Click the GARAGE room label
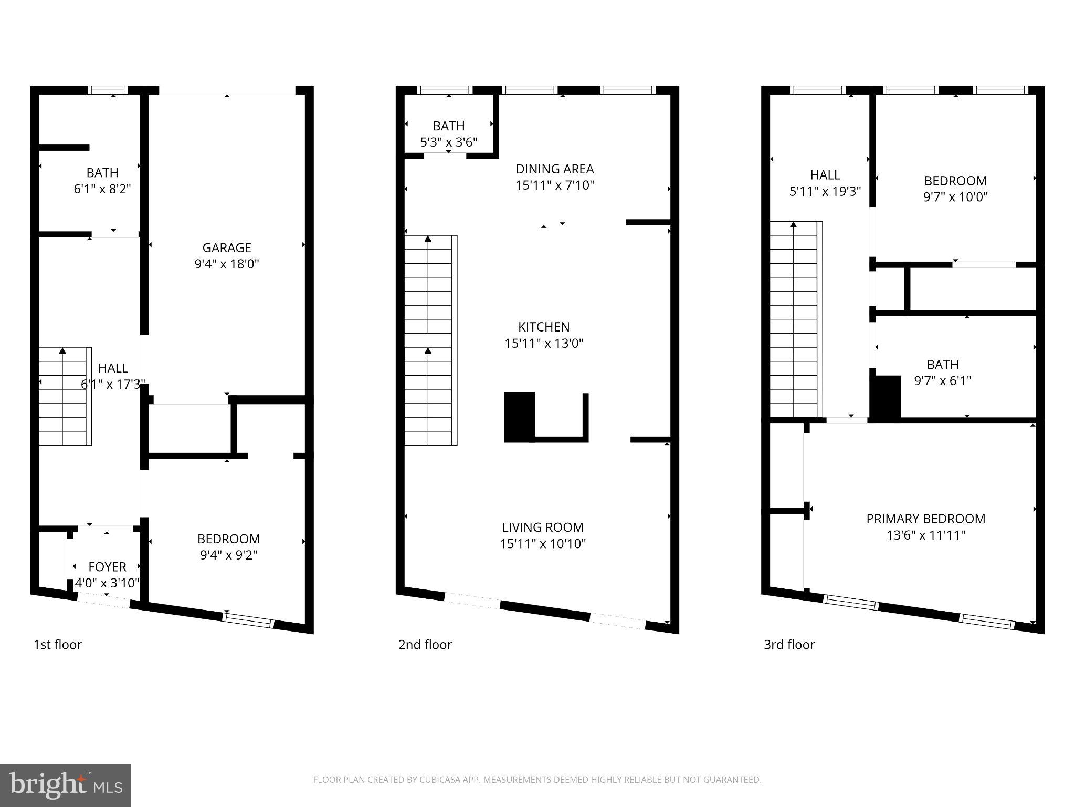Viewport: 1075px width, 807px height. pos(227,247)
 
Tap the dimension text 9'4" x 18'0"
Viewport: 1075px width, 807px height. pos(227,264)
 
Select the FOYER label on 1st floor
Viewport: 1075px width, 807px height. pos(107,567)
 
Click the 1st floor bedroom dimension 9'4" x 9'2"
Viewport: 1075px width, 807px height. pos(228,555)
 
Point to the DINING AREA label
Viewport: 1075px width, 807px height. pos(554,169)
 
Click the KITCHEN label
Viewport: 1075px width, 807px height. pos(544,327)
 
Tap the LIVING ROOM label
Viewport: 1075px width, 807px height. pos(542,527)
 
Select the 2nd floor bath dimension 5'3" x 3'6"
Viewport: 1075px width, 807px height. pos(448,142)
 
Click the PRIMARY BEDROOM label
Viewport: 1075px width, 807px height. pos(925,519)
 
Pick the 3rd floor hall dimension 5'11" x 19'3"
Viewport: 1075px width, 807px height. pos(825,191)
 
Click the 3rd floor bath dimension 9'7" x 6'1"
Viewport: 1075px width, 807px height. pos(942,381)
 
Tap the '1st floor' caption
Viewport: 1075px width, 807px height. pos(57,645)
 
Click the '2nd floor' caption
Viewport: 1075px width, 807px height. pos(425,645)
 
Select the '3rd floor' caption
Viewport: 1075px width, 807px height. pos(788,645)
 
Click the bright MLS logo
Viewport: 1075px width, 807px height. pos(65,785)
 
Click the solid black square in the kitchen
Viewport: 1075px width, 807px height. pos(519,417)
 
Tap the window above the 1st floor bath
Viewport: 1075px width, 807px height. pos(108,90)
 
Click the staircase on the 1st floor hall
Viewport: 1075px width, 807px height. pos(65,396)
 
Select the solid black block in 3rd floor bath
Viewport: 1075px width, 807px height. pos(886,398)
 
